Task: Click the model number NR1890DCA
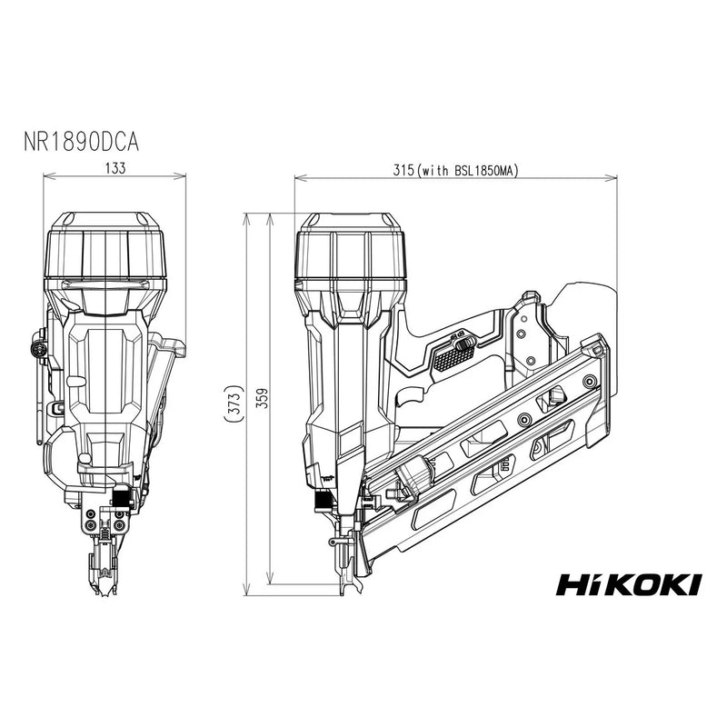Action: (81, 143)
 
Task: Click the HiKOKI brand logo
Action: (628, 583)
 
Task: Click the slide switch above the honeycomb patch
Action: (459, 343)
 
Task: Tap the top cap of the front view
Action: (107, 245)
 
